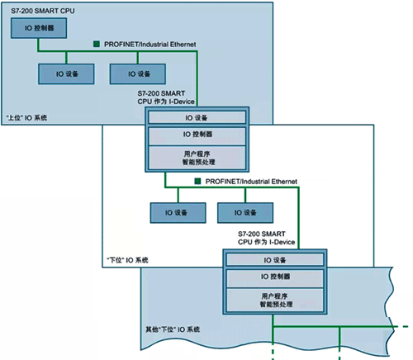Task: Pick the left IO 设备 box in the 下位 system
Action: pyautogui.click(x=174, y=211)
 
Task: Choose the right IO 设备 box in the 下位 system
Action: pyautogui.click(x=242, y=211)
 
